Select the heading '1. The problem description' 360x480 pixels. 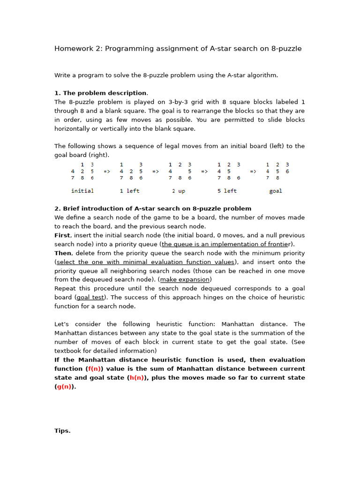pos(100,93)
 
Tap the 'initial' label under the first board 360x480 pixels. pos(82,191)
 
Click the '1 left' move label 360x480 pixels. pos(129,191)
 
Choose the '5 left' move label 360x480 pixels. pos(227,191)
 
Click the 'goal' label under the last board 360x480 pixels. pos(276,191)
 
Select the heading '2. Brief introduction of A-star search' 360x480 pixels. pos(153,209)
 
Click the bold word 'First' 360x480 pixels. pos(62,235)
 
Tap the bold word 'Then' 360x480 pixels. pos(63,253)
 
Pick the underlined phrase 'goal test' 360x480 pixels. pos(90,297)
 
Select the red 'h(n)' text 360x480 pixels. pos(137,377)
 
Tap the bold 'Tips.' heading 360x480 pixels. pos(62,431)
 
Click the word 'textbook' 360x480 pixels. pos(68,351)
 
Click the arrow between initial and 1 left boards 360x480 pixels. pos(107,171)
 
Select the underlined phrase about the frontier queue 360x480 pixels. pos(225,244)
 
